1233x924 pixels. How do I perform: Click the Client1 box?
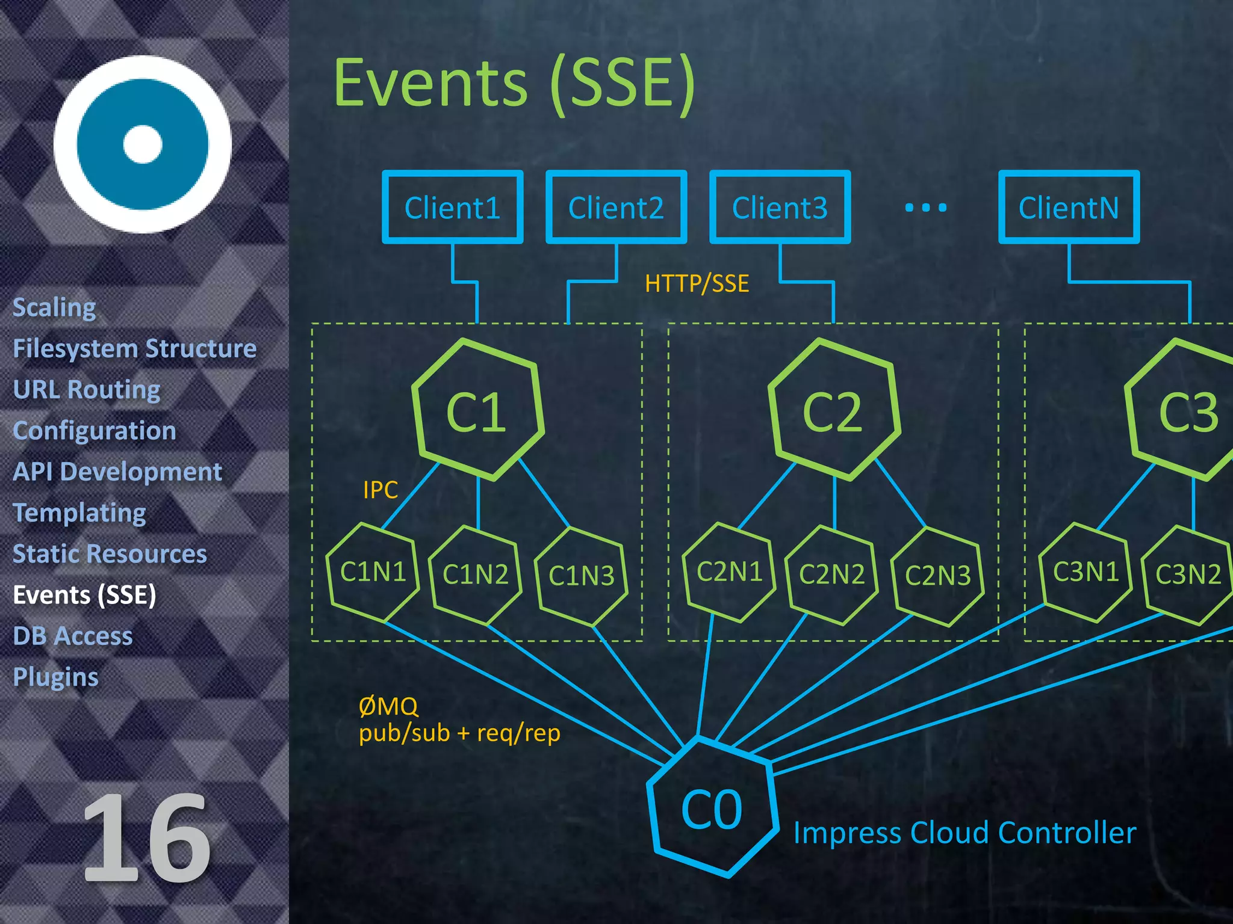point(452,208)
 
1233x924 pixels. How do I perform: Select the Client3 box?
point(780,208)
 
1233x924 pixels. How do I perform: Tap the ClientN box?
point(1069,208)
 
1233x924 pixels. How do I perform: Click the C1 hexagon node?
point(477,411)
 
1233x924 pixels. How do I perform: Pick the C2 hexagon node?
point(833,411)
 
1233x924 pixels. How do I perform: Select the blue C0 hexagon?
point(712,809)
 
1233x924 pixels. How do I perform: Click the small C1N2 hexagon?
point(475,574)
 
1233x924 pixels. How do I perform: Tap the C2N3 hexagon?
point(937,576)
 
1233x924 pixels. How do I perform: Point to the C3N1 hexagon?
point(1085,571)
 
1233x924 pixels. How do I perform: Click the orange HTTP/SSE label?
point(697,283)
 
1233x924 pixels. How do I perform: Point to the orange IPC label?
point(380,490)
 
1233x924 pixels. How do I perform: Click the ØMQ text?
point(388,706)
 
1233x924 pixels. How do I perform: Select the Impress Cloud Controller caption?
point(964,833)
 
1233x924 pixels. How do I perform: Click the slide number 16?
point(146,837)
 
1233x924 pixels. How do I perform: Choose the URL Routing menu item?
point(87,389)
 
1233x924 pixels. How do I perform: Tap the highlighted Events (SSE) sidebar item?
point(84,595)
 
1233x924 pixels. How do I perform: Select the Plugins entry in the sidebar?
point(55,677)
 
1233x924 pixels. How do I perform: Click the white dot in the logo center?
point(143,144)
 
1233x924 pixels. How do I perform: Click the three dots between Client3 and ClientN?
point(926,208)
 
